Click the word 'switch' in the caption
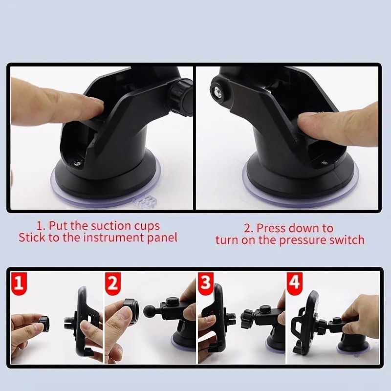[348, 239]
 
